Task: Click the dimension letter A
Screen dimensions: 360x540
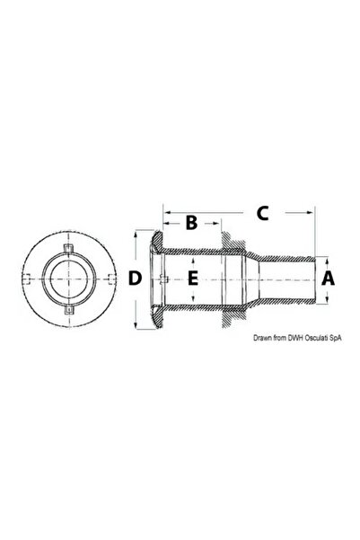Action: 328,279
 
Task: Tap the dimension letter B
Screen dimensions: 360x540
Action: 191,223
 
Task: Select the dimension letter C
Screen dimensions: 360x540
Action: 263,213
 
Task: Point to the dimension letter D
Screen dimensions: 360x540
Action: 135,279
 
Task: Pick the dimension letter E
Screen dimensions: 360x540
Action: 193,279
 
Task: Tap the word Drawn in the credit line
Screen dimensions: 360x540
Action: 262,338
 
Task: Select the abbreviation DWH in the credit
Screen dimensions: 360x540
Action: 294,338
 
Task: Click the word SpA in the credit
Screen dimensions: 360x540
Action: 336,338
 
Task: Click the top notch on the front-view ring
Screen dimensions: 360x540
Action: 69,248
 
